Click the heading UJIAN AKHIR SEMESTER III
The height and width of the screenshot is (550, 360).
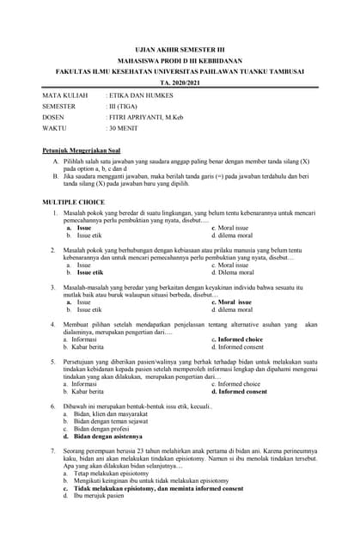(x=179, y=51)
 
